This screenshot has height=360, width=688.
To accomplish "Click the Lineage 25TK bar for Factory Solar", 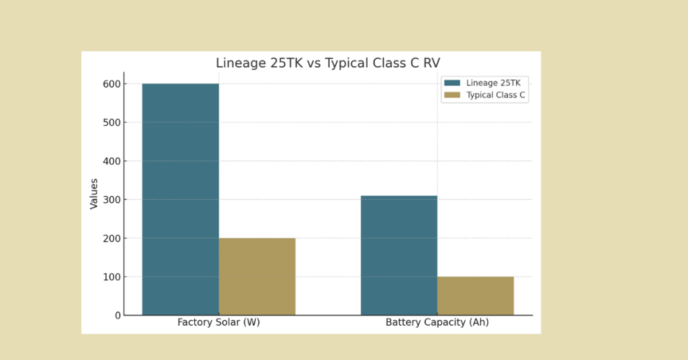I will (180, 199).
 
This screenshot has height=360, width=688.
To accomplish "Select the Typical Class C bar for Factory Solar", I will (257, 276).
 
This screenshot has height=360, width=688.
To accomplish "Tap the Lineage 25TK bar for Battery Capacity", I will (399, 255).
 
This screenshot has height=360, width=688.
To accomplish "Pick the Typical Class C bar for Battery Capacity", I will (476, 296).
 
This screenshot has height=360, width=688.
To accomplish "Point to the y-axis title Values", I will (94, 193).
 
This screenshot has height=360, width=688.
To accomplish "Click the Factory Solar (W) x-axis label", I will (218, 322).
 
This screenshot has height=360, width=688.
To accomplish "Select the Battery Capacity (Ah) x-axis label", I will (437, 322).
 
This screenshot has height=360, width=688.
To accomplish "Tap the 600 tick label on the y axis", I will (112, 84).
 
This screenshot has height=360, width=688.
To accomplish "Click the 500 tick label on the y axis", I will (112, 122).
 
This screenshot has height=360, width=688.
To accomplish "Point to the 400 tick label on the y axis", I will (112, 161).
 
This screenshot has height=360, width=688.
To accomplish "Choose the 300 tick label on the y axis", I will (112, 199).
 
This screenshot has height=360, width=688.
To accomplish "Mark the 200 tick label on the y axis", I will (112, 238).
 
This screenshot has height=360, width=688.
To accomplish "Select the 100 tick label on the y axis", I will (112, 277).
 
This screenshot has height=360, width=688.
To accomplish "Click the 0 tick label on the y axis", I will (118, 315).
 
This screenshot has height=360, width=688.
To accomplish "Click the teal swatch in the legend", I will (452, 83).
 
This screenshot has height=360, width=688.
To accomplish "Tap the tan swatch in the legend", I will (452, 95).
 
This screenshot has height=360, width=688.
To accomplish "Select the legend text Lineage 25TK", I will (493, 83).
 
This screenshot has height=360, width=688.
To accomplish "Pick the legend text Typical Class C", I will (496, 95).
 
